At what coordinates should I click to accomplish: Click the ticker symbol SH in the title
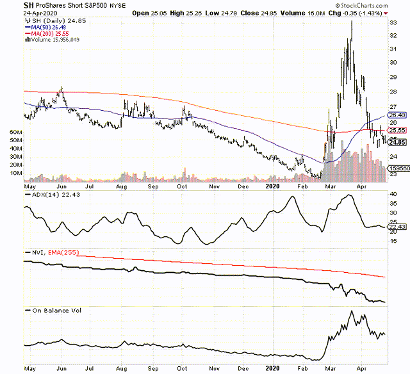28,5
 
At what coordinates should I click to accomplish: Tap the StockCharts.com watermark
370,5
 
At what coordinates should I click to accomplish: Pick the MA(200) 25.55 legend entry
46,33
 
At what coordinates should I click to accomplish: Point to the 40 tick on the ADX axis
394,193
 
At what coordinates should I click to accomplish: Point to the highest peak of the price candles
352,21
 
